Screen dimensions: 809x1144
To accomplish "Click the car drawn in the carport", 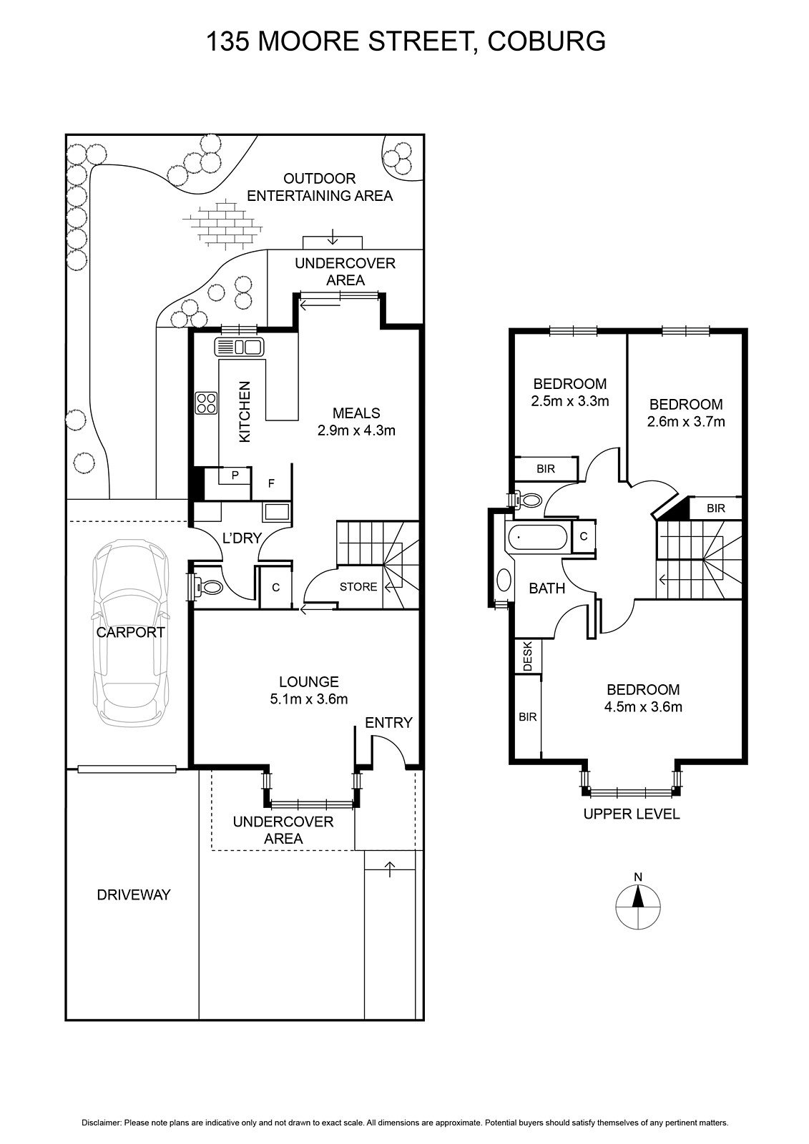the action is [x=130, y=632].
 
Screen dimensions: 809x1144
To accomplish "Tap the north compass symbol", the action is [x=638, y=907].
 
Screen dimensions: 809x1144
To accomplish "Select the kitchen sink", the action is [x=240, y=347].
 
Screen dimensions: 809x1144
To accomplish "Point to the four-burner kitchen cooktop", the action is [x=207, y=403].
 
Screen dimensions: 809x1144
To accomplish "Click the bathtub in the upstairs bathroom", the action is [x=537, y=538].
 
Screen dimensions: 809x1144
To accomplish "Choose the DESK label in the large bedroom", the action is [x=528, y=656].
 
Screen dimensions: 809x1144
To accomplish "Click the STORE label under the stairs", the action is [x=358, y=587].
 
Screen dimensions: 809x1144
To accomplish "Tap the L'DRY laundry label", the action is [x=242, y=538].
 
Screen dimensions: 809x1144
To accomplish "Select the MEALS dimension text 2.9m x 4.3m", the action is [x=356, y=430].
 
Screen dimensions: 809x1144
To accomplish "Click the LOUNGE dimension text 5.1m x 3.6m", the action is [x=309, y=699].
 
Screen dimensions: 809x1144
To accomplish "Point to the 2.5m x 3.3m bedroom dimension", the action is [x=570, y=401].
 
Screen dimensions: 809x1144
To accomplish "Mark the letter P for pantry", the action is [x=235, y=475].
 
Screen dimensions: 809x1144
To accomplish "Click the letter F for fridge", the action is [x=271, y=483].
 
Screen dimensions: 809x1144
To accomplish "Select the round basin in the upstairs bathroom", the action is [x=504, y=581].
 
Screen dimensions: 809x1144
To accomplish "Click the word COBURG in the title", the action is [x=546, y=42].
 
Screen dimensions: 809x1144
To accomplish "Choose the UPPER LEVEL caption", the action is [x=632, y=814].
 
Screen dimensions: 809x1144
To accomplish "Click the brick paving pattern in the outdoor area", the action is [x=223, y=224].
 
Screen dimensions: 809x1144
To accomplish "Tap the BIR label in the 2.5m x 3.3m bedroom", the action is [x=546, y=468].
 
